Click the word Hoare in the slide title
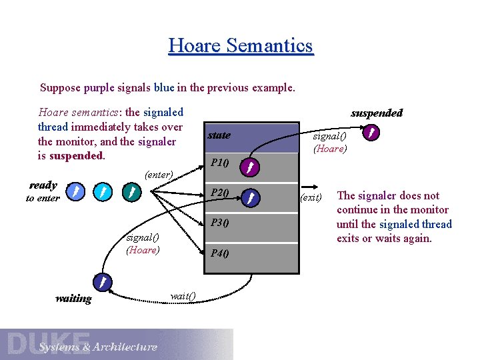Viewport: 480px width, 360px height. click(195, 45)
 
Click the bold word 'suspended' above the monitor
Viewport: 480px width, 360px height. click(377, 113)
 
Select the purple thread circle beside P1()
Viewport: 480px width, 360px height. click(248, 167)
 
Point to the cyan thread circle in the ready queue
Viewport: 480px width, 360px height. click(102, 193)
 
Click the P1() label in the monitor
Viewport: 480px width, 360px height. click(219, 163)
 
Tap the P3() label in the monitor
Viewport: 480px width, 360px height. click(219, 223)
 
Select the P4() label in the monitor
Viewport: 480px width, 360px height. click(219, 253)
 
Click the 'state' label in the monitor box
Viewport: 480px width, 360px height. click(219, 135)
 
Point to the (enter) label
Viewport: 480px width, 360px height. click(159, 175)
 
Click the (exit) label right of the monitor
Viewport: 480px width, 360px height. click(311, 197)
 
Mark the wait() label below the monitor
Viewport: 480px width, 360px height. click(183, 295)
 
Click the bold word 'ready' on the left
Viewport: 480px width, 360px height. click(43, 185)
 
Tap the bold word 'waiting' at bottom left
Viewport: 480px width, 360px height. click(73, 299)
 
